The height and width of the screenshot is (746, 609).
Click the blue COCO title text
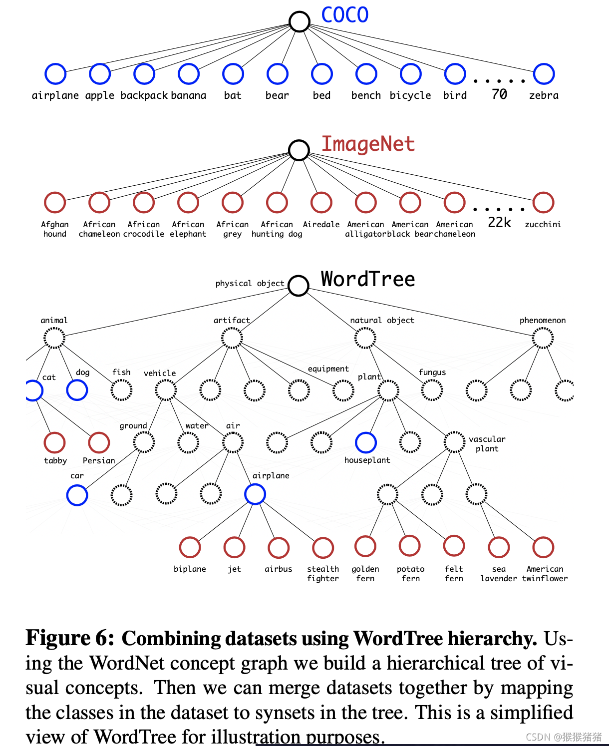click(x=344, y=15)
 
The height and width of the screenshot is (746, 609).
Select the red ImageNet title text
click(x=367, y=144)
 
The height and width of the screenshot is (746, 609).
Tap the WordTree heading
click(x=367, y=279)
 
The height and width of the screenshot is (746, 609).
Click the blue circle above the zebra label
click(x=544, y=74)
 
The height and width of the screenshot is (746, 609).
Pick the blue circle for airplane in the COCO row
click(x=55, y=74)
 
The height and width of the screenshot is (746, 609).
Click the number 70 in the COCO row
click(x=499, y=94)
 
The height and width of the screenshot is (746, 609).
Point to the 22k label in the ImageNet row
click(x=499, y=223)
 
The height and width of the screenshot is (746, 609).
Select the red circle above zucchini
click(x=543, y=203)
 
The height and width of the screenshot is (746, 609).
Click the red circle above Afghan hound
click(x=55, y=203)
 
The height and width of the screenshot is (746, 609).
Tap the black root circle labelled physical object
click(x=299, y=286)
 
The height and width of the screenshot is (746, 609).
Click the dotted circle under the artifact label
click(x=232, y=338)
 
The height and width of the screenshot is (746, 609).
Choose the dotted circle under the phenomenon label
click(x=543, y=338)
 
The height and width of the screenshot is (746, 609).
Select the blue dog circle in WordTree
click(x=77, y=390)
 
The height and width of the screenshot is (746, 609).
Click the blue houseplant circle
click(x=366, y=442)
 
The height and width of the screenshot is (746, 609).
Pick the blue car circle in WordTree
click(x=77, y=495)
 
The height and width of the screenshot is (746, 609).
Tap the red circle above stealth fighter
click(x=323, y=548)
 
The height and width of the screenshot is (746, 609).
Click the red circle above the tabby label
click(x=55, y=442)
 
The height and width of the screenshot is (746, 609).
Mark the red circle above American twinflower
click(x=543, y=547)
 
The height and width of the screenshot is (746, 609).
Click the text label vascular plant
click(x=487, y=444)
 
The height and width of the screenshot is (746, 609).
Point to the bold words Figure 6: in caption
click(x=70, y=638)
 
